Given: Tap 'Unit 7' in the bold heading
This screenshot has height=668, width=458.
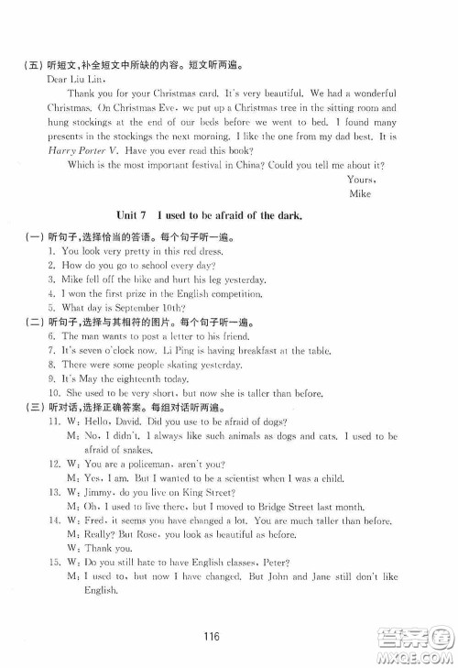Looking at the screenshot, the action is (136, 214).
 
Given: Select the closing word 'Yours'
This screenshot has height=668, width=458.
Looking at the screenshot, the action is (362, 180).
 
